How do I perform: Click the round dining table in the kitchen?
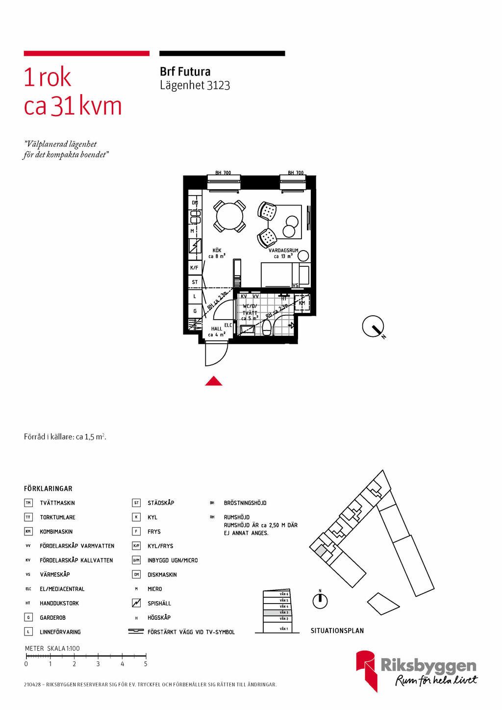229,216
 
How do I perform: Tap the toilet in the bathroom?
267,328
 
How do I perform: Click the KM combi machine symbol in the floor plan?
302,303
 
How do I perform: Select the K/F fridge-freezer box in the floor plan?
195,268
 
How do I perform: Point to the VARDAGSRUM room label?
283,251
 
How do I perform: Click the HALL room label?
217,329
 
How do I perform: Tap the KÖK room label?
217,251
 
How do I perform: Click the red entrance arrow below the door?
214,381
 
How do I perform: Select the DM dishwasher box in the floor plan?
195,203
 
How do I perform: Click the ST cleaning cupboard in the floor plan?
195,282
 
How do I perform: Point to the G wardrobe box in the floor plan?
195,311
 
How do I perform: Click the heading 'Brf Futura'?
185,72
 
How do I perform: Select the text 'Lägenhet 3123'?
195,85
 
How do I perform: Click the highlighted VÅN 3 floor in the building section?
277,612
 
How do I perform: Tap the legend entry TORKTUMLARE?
57,517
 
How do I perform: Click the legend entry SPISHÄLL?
159,604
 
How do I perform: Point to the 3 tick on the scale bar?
98,656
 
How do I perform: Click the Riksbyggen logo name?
428,665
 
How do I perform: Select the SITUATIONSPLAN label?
337,631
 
